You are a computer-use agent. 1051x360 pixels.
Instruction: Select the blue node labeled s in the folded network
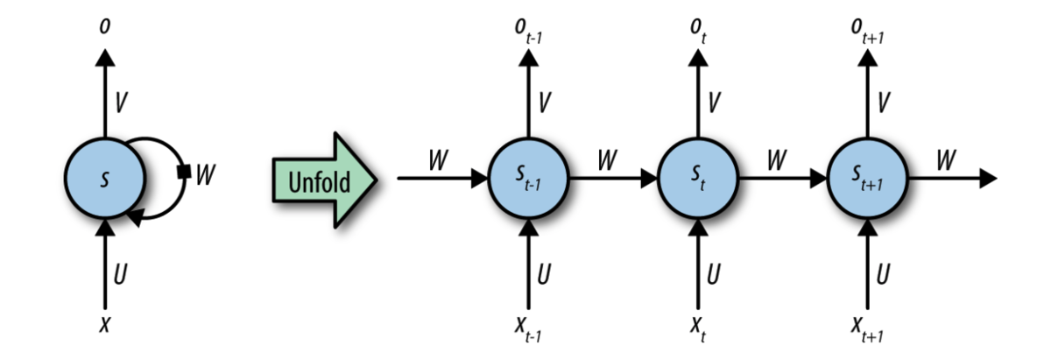(104, 178)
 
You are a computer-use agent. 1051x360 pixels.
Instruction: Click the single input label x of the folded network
(105, 324)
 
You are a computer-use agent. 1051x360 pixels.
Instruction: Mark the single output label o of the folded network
(105, 26)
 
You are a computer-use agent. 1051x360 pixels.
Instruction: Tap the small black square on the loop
(184, 173)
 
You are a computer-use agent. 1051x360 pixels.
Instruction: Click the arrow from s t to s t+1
(781, 179)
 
